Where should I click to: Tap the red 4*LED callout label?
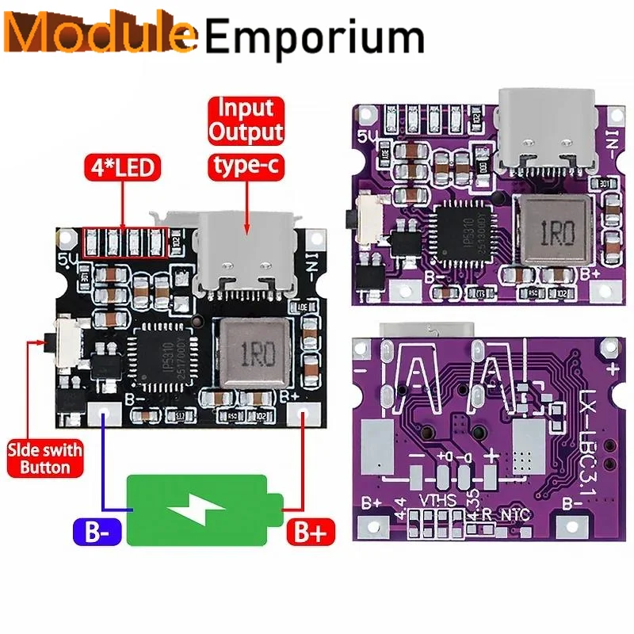[123, 168]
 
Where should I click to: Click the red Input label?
[246, 108]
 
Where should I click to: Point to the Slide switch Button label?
[45, 459]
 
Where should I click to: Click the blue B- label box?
[97, 532]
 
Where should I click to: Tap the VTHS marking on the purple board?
[438, 501]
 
